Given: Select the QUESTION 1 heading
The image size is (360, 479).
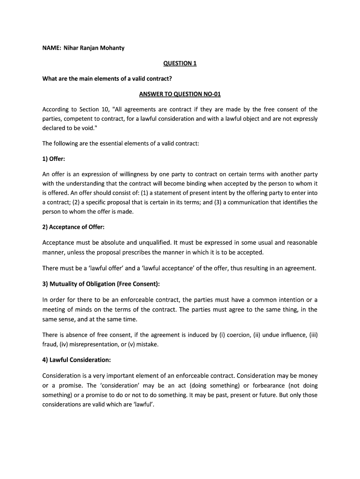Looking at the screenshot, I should pyautogui.click(x=180, y=63).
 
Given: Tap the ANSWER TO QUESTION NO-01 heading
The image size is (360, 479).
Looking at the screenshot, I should pyautogui.click(x=180, y=94).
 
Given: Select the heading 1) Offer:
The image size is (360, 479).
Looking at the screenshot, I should pyautogui.click(x=54, y=159).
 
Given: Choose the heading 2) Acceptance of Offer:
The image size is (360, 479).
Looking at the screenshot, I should pyautogui.click(x=73, y=227).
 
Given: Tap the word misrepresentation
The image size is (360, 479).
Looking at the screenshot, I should pyautogui.click(x=98, y=344).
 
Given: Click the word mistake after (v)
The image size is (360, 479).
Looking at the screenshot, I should pyautogui.click(x=148, y=344).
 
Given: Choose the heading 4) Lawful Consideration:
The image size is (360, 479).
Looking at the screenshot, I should pyautogui.click(x=77, y=360).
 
